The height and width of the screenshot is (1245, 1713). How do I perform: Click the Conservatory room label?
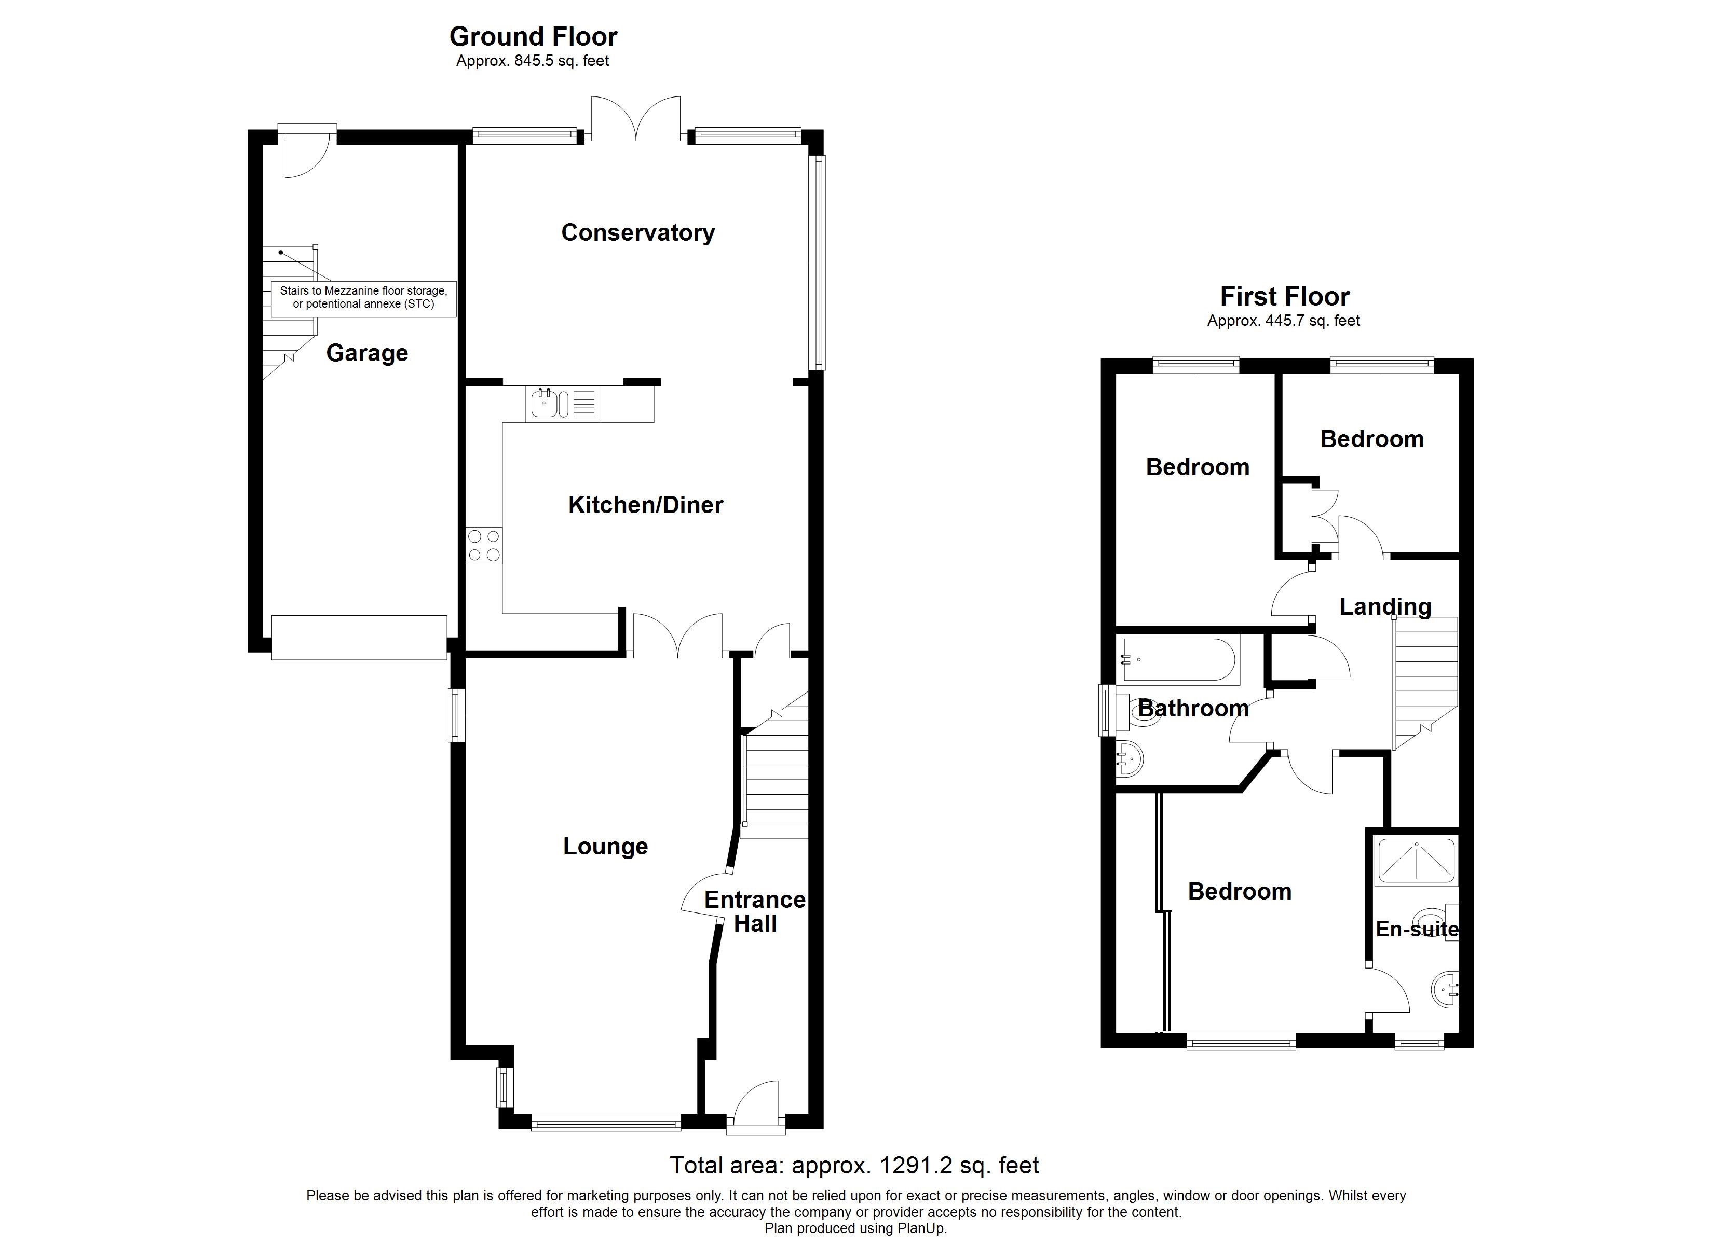pyautogui.click(x=637, y=232)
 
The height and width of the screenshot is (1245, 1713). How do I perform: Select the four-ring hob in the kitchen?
pyautogui.click(x=483, y=546)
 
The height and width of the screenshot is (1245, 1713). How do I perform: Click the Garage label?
pyautogui.click(x=367, y=353)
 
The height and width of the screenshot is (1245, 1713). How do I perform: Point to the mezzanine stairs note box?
pyautogui.click(x=363, y=297)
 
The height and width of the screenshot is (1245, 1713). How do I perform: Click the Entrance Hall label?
pyautogui.click(x=755, y=911)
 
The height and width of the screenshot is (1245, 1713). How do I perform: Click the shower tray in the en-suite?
pyautogui.click(x=1416, y=861)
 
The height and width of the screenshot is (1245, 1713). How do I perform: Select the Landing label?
pyautogui.click(x=1385, y=606)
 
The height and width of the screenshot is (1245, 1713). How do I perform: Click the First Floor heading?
pyautogui.click(x=1285, y=296)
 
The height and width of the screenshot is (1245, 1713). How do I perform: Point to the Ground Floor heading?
pyautogui.click(x=533, y=36)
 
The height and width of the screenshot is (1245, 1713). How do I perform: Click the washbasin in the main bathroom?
pyautogui.click(x=1130, y=757)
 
